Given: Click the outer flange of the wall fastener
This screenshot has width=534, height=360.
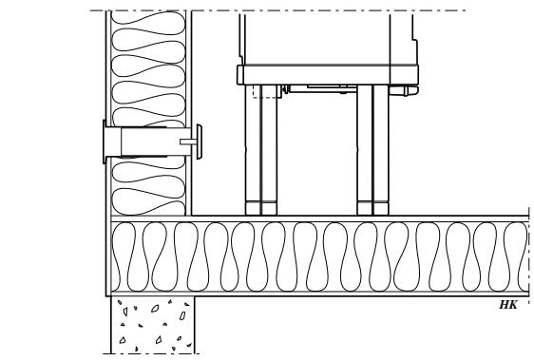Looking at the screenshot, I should pos(100,143).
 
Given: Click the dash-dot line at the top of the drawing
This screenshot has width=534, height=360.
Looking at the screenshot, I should pos(285,10).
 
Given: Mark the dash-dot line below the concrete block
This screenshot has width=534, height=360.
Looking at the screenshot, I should pos(152,353).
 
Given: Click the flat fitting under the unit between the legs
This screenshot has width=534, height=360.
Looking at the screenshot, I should pos(318,89).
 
